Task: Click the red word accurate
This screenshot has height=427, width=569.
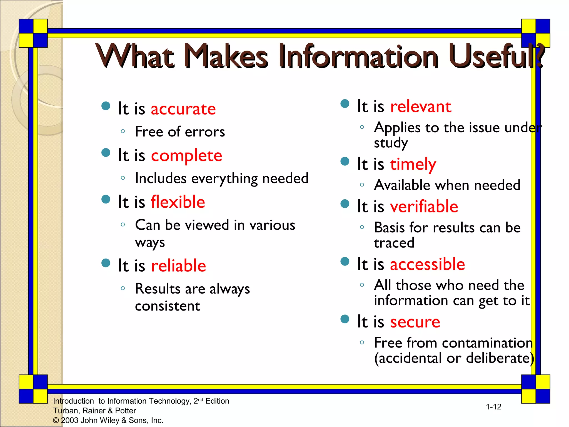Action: [183, 109]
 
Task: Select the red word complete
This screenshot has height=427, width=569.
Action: [186, 156]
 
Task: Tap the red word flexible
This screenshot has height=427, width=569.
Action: [178, 202]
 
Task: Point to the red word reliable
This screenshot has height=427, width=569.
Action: [178, 266]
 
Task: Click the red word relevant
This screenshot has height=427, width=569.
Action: [421, 107]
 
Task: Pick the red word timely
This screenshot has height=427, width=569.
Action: [413, 164]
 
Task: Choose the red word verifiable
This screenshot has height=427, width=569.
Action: [424, 207]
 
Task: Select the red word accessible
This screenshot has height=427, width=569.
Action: [427, 264]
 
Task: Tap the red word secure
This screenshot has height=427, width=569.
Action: [415, 322]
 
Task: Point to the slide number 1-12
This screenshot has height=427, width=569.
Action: [493, 407]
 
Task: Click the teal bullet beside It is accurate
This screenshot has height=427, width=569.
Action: [106, 106]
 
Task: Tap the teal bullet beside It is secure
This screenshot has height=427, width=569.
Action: [345, 319]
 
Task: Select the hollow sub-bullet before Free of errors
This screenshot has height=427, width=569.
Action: [123, 131]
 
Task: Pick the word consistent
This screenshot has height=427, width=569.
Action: [167, 306]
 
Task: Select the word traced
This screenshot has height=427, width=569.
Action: [394, 243]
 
